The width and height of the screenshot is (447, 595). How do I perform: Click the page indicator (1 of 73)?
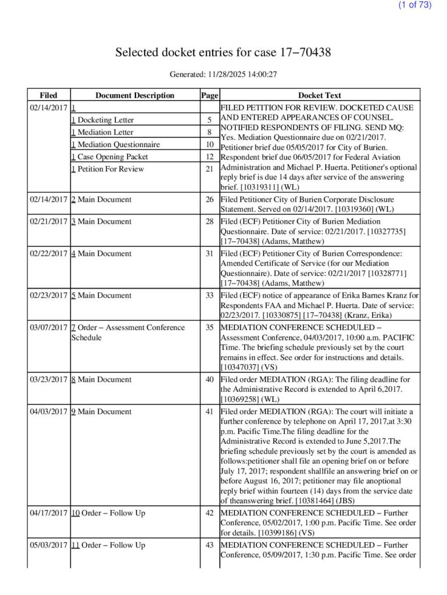tap(415, 5)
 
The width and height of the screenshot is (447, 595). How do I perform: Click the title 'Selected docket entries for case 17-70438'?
tap(223, 52)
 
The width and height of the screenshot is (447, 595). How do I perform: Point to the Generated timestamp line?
tap(223, 74)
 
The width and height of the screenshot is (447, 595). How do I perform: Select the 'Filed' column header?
tap(49, 95)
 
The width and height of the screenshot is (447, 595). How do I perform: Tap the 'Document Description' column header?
tap(135, 95)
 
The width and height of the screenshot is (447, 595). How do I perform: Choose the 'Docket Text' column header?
tap(319, 95)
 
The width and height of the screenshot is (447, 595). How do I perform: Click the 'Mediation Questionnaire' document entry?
tap(115, 145)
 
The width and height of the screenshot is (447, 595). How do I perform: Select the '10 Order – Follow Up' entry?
tap(108, 513)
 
